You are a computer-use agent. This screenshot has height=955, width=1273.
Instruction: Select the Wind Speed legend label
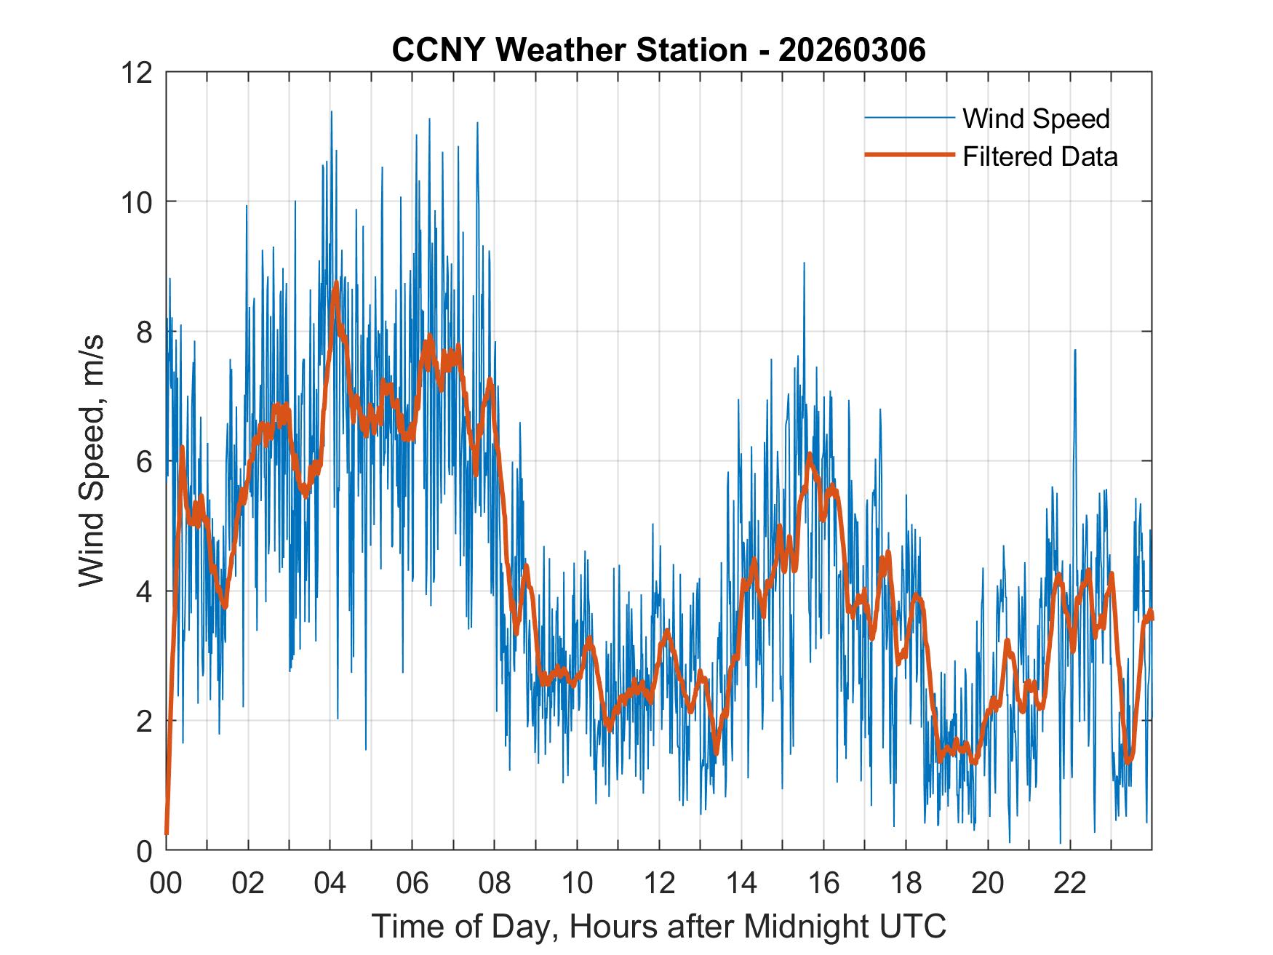tap(1036, 119)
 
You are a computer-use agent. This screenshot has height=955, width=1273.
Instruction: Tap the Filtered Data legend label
tap(1039, 156)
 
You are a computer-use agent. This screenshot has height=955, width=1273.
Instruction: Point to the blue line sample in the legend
tap(909, 118)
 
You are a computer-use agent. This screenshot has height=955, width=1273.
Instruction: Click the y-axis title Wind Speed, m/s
tap(92, 460)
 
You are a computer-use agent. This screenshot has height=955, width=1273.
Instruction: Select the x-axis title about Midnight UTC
tap(658, 926)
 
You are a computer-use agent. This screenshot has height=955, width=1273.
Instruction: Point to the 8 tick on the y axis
tap(144, 332)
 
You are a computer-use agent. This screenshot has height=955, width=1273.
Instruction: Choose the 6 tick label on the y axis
tap(144, 461)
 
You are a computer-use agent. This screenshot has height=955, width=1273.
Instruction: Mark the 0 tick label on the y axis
tap(144, 850)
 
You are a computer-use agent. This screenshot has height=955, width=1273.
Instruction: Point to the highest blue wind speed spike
tap(332, 112)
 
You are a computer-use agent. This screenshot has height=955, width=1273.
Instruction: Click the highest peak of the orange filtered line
tap(335, 284)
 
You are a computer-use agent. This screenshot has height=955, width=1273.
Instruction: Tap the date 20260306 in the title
tap(852, 50)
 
